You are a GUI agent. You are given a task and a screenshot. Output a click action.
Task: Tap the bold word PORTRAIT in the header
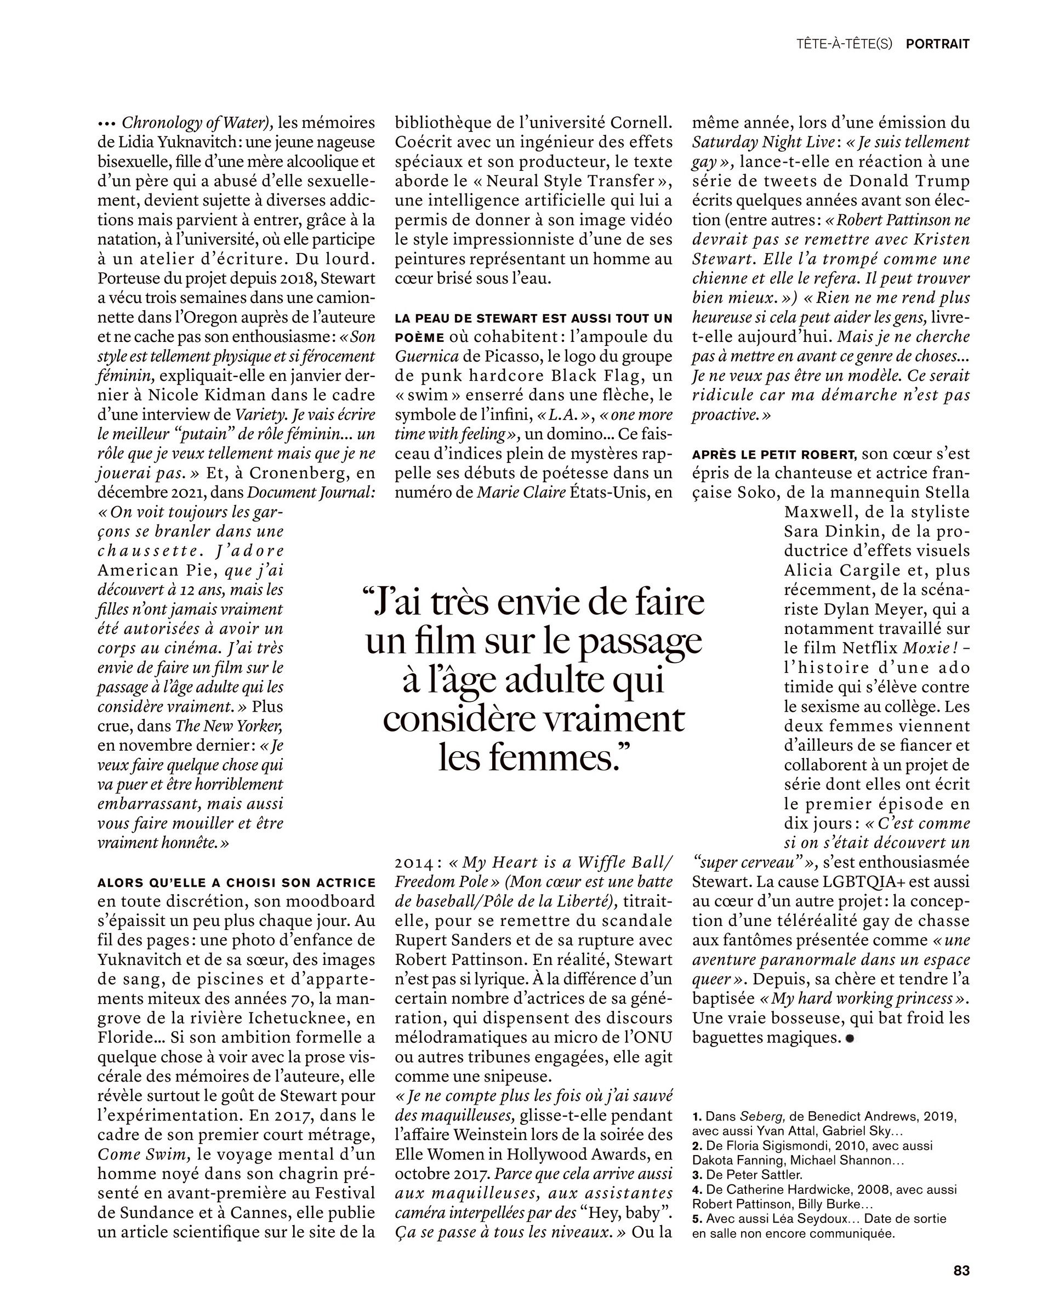pyautogui.click(x=938, y=44)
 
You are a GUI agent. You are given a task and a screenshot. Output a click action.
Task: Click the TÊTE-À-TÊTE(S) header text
pyautogui.click(x=844, y=44)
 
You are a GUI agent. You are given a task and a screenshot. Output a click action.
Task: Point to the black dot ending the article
pyautogui.click(x=849, y=1038)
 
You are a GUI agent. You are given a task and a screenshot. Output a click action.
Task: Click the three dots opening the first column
pyautogui.click(x=107, y=124)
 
